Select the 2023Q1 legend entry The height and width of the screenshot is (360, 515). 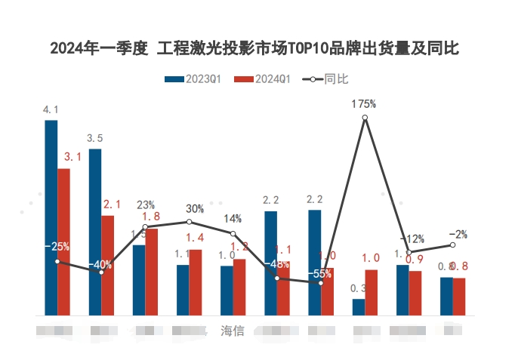point(193,78)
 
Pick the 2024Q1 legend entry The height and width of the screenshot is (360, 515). point(262,78)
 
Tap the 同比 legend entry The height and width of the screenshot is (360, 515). point(325,78)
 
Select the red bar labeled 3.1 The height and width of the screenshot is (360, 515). point(63,242)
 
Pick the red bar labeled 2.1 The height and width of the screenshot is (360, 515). point(108,265)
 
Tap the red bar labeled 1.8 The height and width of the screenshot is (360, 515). point(152,272)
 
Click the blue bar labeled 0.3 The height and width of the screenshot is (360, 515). point(358,307)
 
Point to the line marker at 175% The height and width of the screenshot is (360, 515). point(365,118)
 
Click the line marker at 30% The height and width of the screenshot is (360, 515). point(189,222)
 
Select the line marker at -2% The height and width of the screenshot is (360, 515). point(452,245)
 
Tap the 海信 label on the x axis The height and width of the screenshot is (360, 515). point(232,331)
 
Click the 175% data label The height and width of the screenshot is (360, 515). point(364,104)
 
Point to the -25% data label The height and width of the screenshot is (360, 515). point(57,246)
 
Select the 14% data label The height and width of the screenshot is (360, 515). point(233,219)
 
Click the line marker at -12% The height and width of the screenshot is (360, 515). point(409,252)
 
